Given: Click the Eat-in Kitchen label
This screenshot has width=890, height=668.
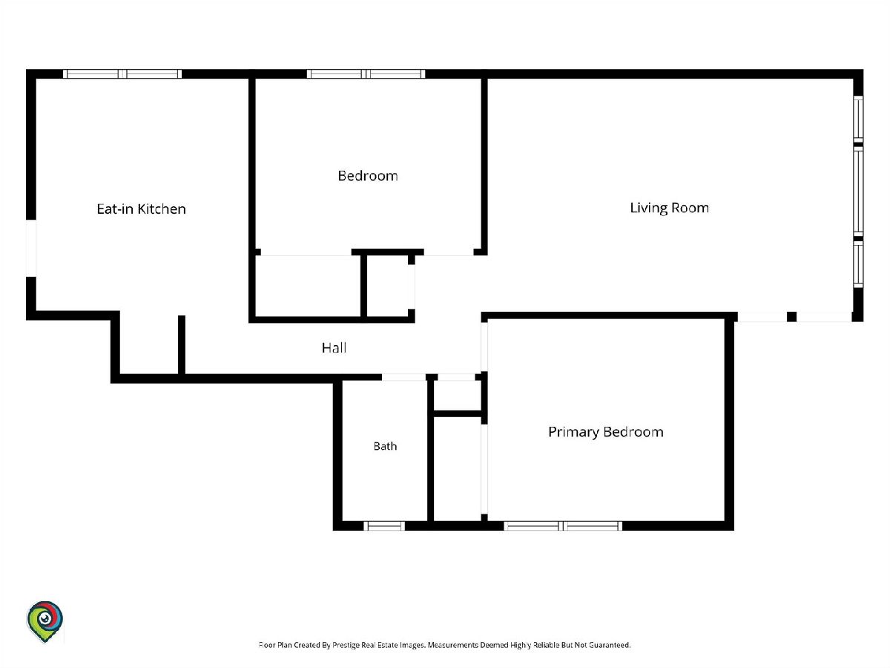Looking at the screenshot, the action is (141, 209).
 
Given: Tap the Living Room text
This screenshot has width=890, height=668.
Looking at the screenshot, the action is (670, 208).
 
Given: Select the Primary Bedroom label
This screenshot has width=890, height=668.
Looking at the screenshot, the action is (606, 432).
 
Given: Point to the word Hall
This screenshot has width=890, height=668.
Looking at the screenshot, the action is (334, 347).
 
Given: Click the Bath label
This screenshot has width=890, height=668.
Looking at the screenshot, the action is (385, 446).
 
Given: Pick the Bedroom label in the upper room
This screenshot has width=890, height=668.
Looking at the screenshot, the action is (368, 176).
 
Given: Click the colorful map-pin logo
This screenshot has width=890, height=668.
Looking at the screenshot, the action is (44, 622).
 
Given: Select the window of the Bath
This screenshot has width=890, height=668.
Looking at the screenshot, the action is (384, 526).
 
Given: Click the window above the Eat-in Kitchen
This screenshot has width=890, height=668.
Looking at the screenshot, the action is (122, 73).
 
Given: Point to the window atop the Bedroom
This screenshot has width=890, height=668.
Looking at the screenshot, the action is (366, 73).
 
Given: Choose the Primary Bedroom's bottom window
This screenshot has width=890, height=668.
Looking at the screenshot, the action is (563, 526).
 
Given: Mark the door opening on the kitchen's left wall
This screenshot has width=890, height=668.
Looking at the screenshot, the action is (31, 248).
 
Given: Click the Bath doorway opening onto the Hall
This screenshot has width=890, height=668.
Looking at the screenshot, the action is (404, 377).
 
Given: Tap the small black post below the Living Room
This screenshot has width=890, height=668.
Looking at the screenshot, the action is (791, 317).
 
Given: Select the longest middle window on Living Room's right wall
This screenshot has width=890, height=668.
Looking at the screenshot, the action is (858, 191).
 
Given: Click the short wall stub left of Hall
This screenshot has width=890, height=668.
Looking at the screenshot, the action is (182, 344).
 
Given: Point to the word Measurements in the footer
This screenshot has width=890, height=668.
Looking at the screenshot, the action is (453, 645).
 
